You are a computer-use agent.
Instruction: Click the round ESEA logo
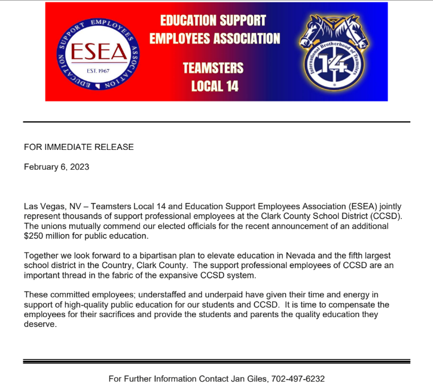[x=95, y=52]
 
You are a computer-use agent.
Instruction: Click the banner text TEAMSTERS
[x=214, y=67]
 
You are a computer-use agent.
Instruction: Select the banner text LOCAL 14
[x=214, y=86]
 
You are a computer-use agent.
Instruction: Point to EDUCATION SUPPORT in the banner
[x=213, y=20]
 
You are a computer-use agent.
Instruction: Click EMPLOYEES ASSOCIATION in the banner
[x=214, y=39]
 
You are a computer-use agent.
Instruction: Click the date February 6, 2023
[x=56, y=167]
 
